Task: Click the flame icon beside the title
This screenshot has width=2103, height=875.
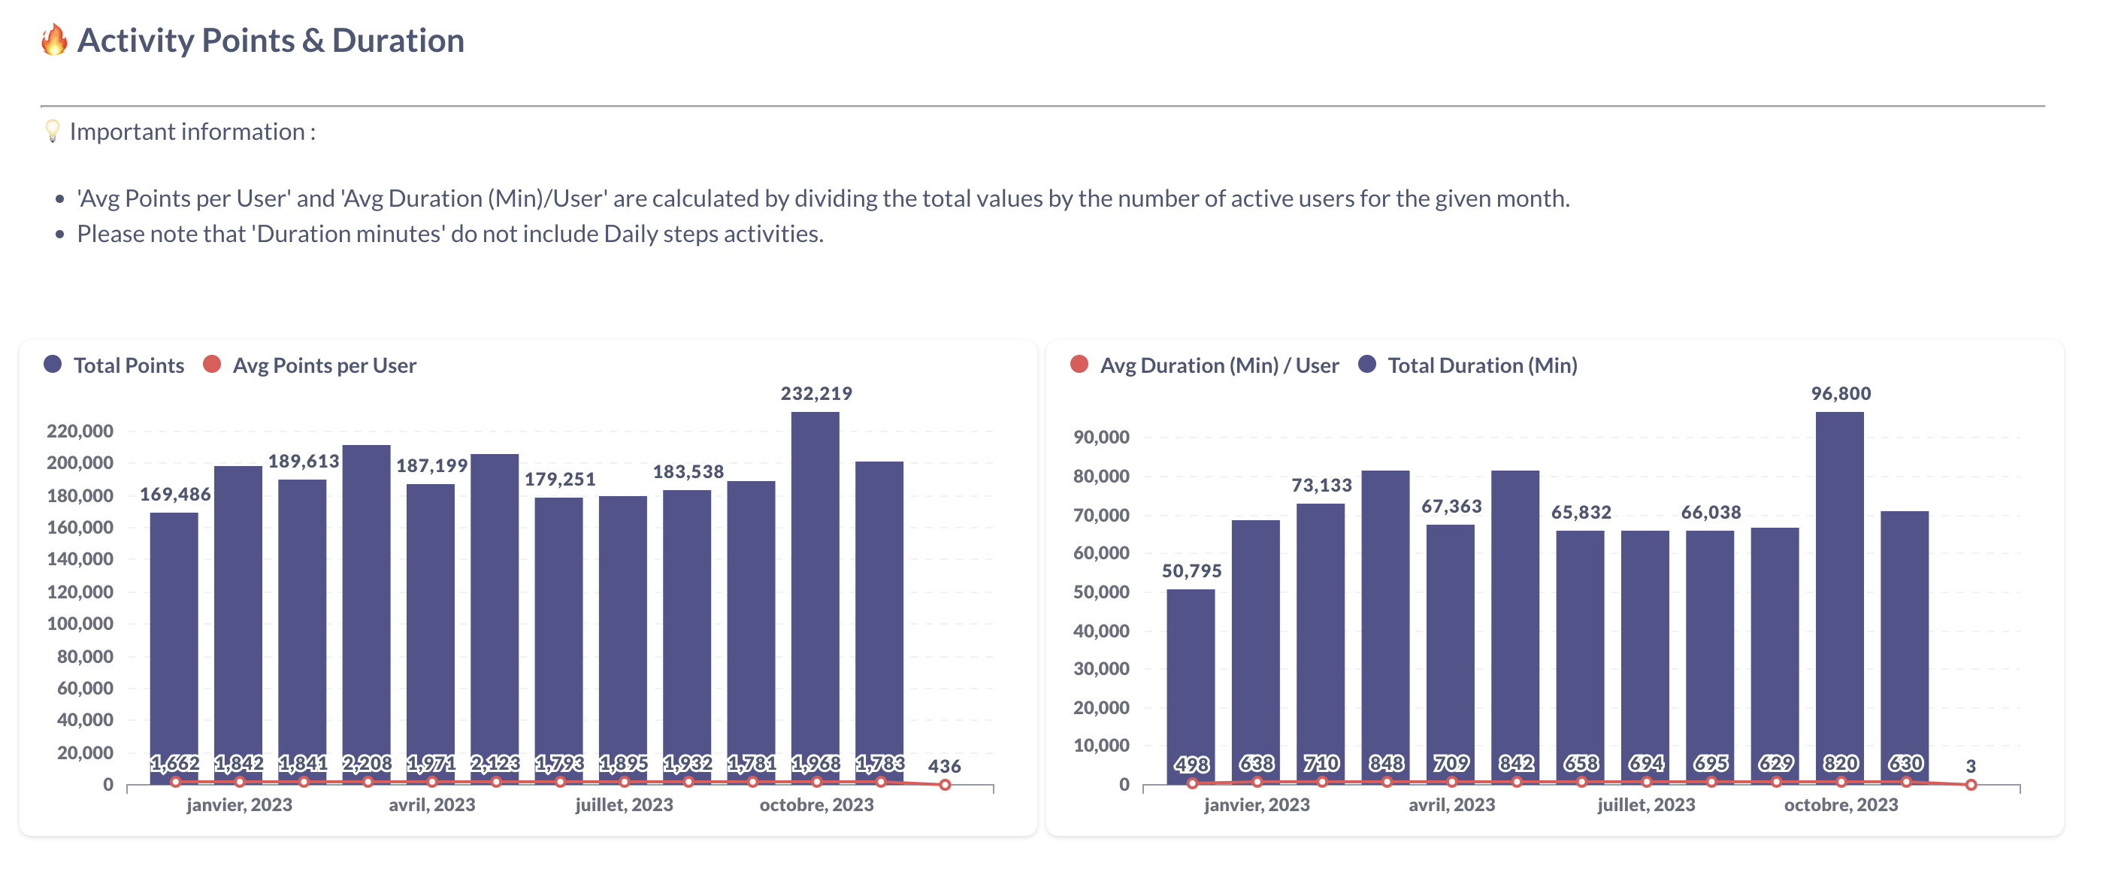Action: click(x=54, y=39)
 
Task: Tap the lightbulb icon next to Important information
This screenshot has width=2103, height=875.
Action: click(x=53, y=132)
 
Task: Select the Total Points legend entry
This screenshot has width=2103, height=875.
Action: click(x=113, y=365)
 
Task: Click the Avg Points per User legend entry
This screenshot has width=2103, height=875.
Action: click(x=310, y=365)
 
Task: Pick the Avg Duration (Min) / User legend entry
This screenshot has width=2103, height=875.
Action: click(x=1205, y=365)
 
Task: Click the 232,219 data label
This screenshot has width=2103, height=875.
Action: click(x=815, y=393)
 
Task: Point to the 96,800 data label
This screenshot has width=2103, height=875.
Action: click(x=1840, y=393)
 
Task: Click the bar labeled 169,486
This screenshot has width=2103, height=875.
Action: click(x=174, y=637)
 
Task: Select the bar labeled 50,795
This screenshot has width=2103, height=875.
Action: click(x=1191, y=677)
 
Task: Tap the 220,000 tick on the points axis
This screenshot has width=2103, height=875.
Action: click(x=80, y=430)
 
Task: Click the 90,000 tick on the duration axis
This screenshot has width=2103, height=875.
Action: click(x=1100, y=437)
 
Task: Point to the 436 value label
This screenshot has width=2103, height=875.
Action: click(x=944, y=765)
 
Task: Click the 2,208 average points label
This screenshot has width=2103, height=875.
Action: click(x=367, y=762)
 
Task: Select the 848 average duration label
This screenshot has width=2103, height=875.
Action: click(x=1385, y=762)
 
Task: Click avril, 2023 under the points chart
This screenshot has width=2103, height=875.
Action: click(x=431, y=805)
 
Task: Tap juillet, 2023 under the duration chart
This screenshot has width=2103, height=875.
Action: click(x=1645, y=805)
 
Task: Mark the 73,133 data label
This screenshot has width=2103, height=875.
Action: click(x=1321, y=485)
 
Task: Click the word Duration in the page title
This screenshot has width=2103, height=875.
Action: click(x=398, y=41)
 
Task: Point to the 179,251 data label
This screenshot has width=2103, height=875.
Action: click(x=559, y=479)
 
